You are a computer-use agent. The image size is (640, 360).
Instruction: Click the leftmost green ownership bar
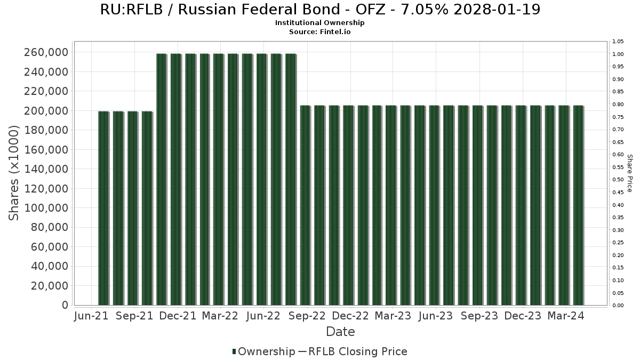pos(103,208)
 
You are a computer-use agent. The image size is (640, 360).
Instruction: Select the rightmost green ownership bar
pos(578,205)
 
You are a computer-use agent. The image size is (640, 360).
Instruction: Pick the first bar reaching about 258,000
pos(162,179)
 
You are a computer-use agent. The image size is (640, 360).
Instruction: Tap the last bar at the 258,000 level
pos(291,179)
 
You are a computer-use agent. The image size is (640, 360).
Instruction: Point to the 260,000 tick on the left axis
pos(46,52)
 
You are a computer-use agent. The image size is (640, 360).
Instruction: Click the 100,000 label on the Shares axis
pos(46,208)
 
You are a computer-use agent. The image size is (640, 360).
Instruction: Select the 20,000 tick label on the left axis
pos(50,286)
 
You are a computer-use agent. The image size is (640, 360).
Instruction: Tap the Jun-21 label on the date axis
pos(91,316)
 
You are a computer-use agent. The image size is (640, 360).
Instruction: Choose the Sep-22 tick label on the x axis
pos(307,316)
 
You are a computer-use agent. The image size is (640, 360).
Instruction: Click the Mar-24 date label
pos(566,316)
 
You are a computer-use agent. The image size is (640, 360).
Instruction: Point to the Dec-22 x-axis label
pos(350,316)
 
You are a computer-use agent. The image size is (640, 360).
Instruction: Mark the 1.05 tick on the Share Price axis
pos(618,42)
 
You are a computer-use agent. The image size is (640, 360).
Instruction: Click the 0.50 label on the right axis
pos(618,180)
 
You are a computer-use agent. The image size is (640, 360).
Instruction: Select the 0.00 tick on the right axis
pos(618,306)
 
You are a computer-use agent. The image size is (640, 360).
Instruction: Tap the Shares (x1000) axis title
pos(13,173)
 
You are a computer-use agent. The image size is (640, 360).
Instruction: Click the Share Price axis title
pos(630,173)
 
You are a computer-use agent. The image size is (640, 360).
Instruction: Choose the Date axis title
pos(341,332)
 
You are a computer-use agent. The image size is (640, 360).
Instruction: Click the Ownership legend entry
pos(263,351)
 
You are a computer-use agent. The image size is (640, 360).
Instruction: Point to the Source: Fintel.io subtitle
pos(319,31)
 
